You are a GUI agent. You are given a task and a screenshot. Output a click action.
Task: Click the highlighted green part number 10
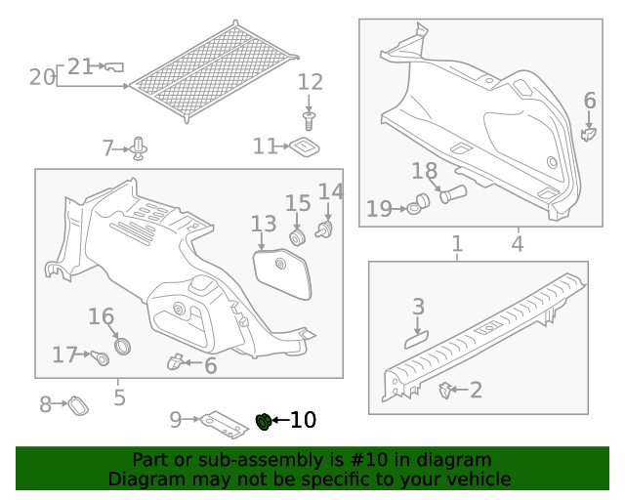tap(263, 422)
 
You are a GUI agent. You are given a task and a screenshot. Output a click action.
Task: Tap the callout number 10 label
tap(303, 421)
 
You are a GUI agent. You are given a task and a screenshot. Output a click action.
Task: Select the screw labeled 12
tap(310, 120)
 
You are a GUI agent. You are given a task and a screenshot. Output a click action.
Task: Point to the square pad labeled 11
tap(306, 146)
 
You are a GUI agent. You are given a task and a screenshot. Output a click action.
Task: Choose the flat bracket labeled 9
tap(224, 422)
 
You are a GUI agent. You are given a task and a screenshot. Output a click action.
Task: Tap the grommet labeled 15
tap(298, 237)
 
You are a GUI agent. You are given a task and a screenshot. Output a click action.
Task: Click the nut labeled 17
tap(102, 358)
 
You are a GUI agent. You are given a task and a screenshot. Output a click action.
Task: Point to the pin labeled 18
tap(453, 193)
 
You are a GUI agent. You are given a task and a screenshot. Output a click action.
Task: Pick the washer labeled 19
tap(421, 203)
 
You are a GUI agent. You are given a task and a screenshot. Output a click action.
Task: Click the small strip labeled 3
tap(415, 337)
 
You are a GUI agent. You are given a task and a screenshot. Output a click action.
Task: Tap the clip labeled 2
tap(445, 390)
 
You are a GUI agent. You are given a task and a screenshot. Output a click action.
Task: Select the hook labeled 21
tap(113, 66)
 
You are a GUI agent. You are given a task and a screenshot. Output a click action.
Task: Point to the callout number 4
tap(517, 243)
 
